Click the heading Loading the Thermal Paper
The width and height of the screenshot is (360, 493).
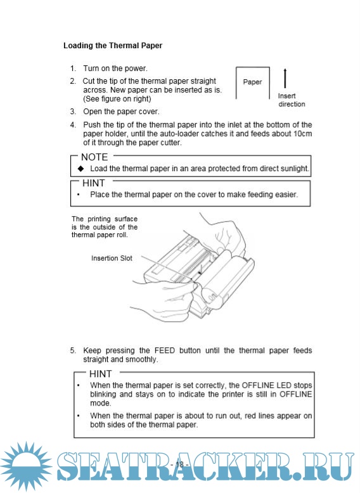click(113, 46)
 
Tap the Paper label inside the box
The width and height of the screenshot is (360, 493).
click(252, 82)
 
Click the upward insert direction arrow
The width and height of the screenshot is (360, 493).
click(285, 78)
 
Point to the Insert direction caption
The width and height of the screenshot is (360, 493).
click(292, 100)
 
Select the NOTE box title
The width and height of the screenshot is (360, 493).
click(94, 157)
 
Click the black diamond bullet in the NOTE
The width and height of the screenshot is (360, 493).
click(80, 169)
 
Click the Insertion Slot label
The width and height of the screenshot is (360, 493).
click(112, 258)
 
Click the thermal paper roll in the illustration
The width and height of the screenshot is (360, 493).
click(225, 278)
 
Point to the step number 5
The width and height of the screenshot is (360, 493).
click(73, 350)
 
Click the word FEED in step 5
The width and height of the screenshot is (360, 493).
click(164, 350)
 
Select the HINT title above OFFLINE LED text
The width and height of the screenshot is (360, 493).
click(100, 373)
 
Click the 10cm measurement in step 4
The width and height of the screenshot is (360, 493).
click(302, 134)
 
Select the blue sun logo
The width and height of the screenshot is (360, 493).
click(26, 466)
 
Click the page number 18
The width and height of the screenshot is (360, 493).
click(179, 464)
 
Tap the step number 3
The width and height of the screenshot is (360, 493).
click(73, 112)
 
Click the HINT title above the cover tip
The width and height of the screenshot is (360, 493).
click(93, 183)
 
